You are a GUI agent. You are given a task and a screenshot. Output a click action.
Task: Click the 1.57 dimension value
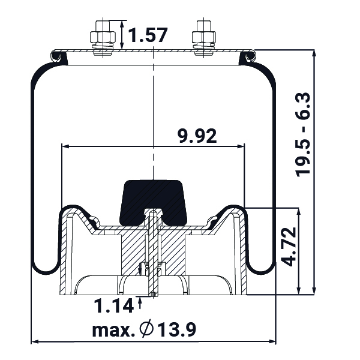tap(148, 35)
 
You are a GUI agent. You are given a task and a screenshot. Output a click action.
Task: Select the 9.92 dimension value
tap(197, 136)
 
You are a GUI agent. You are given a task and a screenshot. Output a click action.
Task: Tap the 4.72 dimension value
tap(288, 247)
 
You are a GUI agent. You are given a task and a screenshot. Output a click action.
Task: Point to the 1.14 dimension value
tap(114, 306)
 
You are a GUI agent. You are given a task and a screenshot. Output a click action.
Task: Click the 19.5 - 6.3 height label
tap(303, 135)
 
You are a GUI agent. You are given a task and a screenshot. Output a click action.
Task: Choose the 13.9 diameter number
tap(177, 329)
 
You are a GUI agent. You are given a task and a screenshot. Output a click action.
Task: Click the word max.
tap(113, 331)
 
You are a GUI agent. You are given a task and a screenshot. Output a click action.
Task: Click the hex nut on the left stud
tap(103, 37)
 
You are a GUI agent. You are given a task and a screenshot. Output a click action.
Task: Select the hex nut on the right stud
tap(204, 37)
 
